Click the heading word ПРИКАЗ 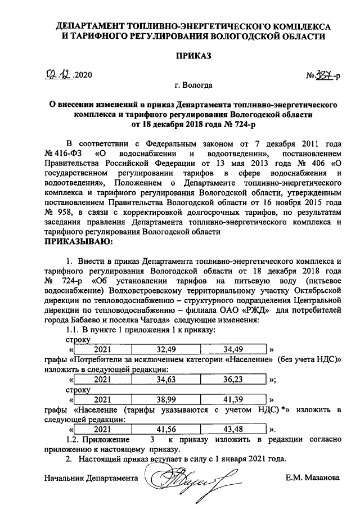[x=193, y=56]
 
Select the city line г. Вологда [x=193, y=86]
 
